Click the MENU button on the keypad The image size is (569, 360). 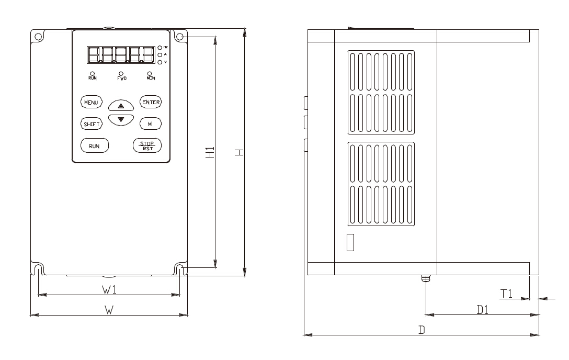click(92, 102)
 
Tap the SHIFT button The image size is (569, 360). click(92, 124)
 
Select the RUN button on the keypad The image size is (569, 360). click(94, 145)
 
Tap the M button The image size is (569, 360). click(150, 124)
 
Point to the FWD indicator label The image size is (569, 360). click(121, 78)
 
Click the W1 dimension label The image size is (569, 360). click(109, 289)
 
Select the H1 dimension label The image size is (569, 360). click(210, 152)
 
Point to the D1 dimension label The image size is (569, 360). click(482, 309)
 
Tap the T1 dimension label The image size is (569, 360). click(506, 294)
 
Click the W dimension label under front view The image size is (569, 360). click(108, 310)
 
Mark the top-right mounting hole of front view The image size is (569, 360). click(180, 38)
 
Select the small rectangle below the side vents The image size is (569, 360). click(350, 243)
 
